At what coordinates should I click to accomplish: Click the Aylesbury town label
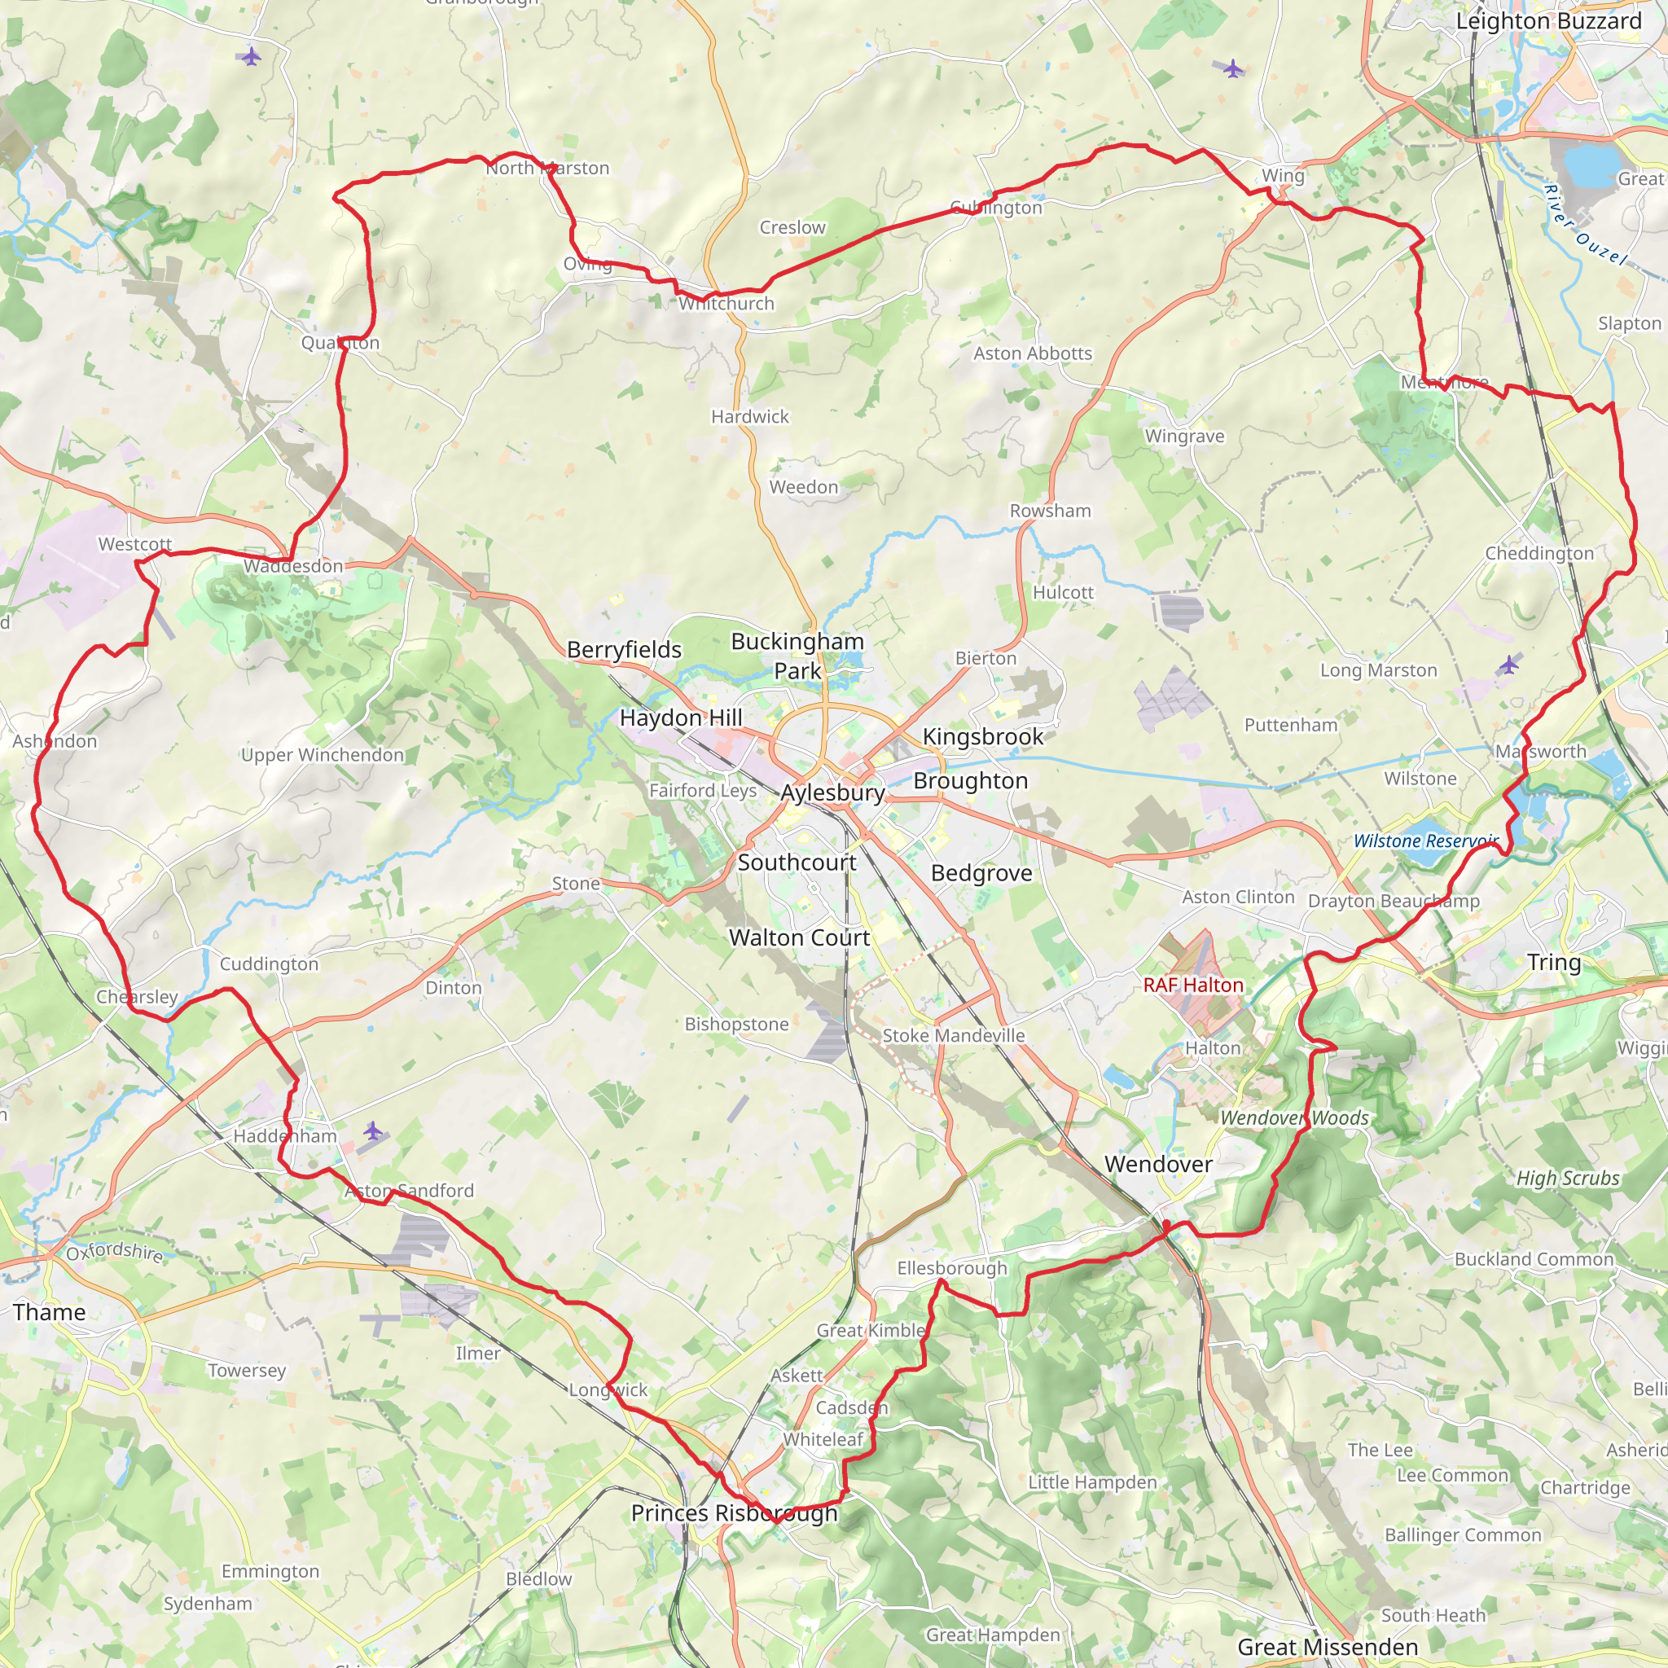pyautogui.click(x=832, y=792)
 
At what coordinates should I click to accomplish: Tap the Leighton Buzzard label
pyautogui.click(x=1548, y=22)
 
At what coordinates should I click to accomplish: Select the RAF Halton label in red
pyautogui.click(x=1193, y=985)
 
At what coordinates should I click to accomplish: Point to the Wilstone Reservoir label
pyautogui.click(x=1425, y=841)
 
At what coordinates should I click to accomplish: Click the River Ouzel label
pyautogui.click(x=1585, y=226)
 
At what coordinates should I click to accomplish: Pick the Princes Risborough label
pyautogui.click(x=734, y=1512)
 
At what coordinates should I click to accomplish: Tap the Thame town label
pyautogui.click(x=49, y=1312)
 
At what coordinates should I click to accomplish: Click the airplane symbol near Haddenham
pyautogui.click(x=372, y=1130)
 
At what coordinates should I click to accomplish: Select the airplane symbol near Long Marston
pyautogui.click(x=1508, y=664)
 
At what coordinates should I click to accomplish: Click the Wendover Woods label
pyautogui.click(x=1294, y=1118)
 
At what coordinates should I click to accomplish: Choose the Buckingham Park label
pyautogui.click(x=797, y=656)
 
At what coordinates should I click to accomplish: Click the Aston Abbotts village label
pyautogui.click(x=1033, y=353)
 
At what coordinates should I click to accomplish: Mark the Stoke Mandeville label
pyautogui.click(x=953, y=1035)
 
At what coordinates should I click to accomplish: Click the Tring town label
pyautogui.click(x=1554, y=962)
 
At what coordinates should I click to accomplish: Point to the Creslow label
pyautogui.click(x=792, y=227)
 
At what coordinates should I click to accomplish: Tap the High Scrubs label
pyautogui.click(x=1568, y=1179)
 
